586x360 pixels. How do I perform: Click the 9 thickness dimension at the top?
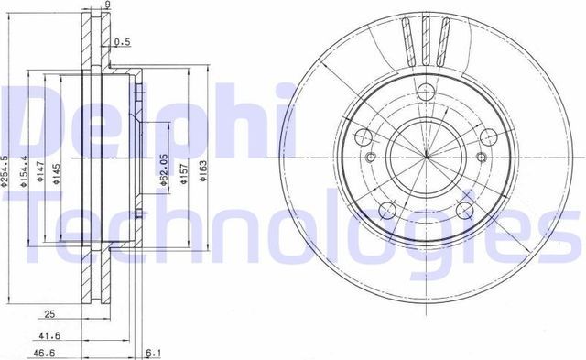(107, 6)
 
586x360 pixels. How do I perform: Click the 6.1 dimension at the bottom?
(154, 352)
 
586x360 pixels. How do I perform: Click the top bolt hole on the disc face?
(428, 91)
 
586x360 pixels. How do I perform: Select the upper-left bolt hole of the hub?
(362, 138)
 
